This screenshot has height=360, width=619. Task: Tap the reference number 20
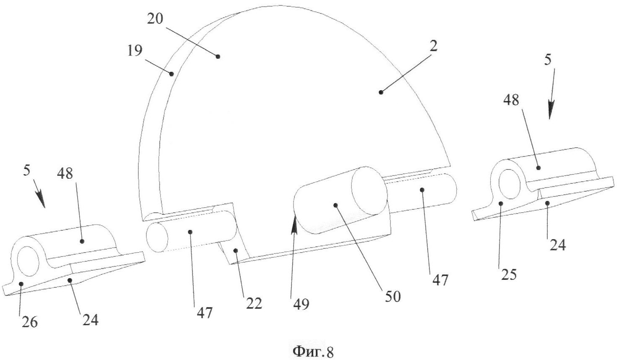click(x=155, y=18)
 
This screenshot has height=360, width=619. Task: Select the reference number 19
click(x=135, y=51)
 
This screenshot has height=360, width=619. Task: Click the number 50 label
click(x=393, y=296)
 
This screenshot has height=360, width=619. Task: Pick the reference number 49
click(x=302, y=305)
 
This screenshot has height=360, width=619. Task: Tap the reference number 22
click(x=254, y=304)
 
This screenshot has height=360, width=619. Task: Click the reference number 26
click(x=30, y=322)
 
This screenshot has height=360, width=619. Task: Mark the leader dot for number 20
click(x=218, y=57)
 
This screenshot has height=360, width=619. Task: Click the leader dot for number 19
click(x=172, y=74)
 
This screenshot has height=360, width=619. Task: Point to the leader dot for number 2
click(x=381, y=92)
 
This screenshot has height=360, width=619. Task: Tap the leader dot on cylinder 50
click(x=336, y=205)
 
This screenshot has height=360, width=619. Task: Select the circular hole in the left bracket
click(x=28, y=261)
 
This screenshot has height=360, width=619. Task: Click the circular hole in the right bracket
click(x=509, y=184)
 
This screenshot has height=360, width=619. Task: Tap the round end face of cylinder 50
click(x=369, y=192)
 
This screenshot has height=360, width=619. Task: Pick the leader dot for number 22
click(x=235, y=250)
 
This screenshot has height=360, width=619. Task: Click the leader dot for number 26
click(x=21, y=284)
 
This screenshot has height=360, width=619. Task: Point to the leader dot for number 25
click(x=501, y=203)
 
